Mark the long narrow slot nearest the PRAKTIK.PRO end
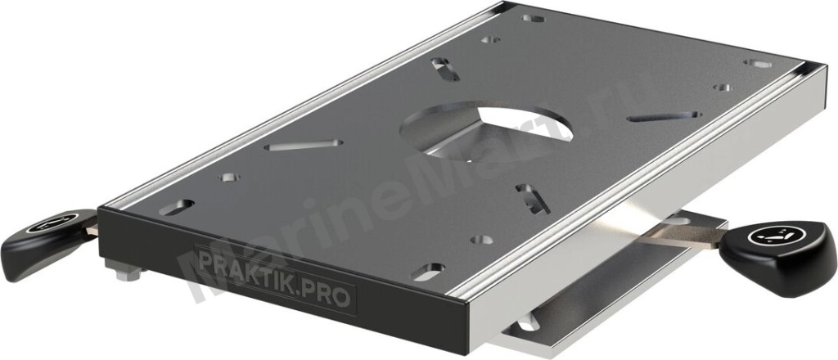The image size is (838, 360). pos(304,144)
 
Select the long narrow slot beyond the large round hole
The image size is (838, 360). pos(664,116)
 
